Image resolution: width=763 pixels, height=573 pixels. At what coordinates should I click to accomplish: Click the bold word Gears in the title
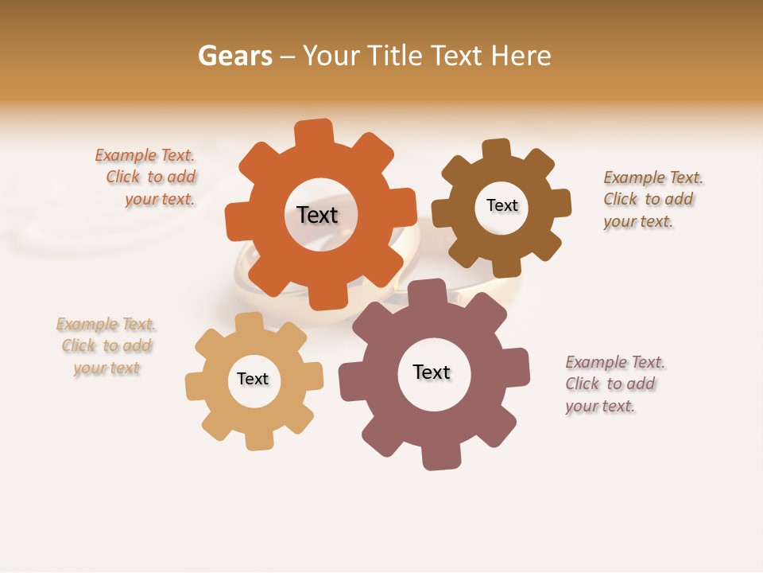pyautogui.click(x=235, y=56)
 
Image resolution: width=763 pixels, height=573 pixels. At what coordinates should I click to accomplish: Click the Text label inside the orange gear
pyautogui.click(x=317, y=215)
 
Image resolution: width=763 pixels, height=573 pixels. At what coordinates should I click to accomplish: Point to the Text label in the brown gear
pyautogui.click(x=502, y=205)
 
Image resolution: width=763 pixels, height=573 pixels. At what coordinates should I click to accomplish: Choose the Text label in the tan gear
pyautogui.click(x=253, y=379)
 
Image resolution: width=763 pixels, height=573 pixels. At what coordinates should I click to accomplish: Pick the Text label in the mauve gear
pyautogui.click(x=432, y=372)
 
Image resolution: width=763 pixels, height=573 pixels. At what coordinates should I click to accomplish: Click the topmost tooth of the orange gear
pyautogui.click(x=314, y=132)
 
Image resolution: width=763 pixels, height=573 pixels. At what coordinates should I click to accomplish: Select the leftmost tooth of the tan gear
pyautogui.click(x=196, y=387)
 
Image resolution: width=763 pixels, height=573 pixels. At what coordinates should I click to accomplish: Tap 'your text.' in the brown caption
pyautogui.click(x=637, y=221)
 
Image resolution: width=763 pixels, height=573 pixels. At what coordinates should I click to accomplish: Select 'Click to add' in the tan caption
pyautogui.click(x=107, y=346)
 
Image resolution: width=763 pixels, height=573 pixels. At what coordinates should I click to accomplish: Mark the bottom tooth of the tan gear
pyautogui.click(x=258, y=439)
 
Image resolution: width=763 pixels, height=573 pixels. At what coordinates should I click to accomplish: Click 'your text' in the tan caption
pyautogui.click(x=107, y=368)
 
